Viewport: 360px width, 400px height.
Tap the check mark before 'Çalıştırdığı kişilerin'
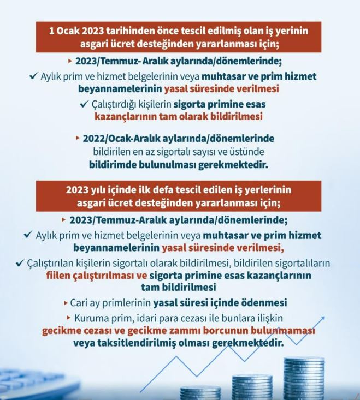(x=83, y=104)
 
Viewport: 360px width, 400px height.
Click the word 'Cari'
(x=80, y=302)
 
